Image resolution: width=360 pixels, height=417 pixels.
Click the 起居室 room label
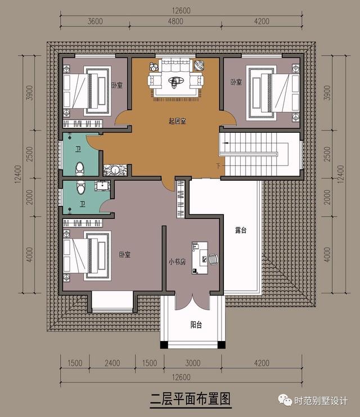(x=177, y=121)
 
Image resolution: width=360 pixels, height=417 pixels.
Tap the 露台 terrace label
(x=241, y=230)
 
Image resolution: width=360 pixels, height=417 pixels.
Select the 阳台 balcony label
(x=196, y=325)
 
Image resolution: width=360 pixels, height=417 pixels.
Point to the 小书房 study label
(x=177, y=262)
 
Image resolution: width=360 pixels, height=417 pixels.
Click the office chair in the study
(x=213, y=259)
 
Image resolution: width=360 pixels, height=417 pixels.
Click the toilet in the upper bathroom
(x=80, y=169)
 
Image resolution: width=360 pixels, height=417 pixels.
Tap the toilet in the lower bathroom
(x=80, y=187)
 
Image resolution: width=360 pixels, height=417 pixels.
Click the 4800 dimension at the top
(x=175, y=21)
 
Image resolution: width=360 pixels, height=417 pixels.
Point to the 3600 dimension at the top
(x=95, y=21)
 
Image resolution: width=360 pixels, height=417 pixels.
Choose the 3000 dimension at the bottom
(x=193, y=363)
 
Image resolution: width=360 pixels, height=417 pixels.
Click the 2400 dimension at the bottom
(x=112, y=363)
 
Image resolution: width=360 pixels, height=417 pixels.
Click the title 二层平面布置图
(x=190, y=400)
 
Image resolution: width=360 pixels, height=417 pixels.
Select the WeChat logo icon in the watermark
(x=285, y=400)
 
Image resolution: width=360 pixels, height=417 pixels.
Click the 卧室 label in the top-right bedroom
(x=236, y=82)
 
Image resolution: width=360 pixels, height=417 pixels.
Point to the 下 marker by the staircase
(x=218, y=166)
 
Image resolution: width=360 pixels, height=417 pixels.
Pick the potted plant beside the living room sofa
(x=154, y=67)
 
